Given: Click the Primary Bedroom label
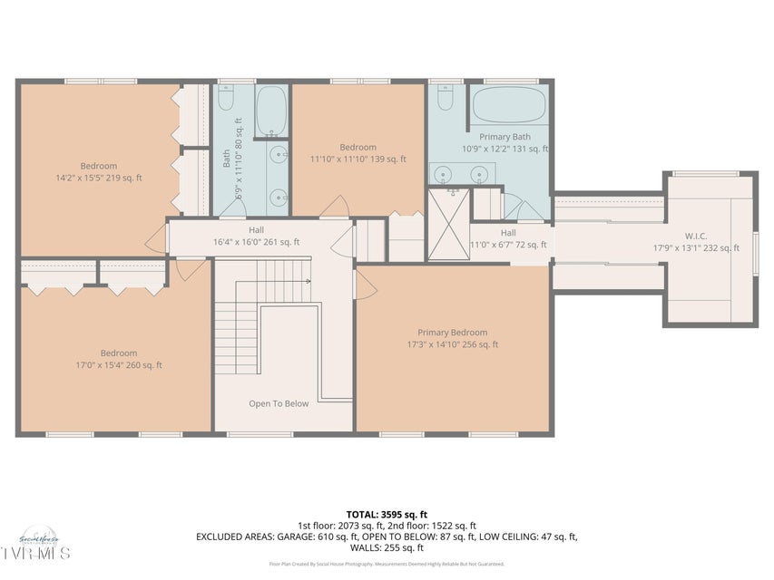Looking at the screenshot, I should [452, 333].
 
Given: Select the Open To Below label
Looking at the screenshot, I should [279, 403].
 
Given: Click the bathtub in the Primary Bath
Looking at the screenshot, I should [508, 106].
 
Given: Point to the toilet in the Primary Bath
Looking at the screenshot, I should [446, 97].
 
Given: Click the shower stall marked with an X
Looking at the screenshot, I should [449, 224].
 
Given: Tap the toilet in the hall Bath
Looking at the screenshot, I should [227, 98].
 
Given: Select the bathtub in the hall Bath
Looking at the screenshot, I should [271, 111].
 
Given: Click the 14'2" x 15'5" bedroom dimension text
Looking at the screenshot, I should [99, 178].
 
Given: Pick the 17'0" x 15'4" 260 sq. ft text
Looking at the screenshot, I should [119, 365].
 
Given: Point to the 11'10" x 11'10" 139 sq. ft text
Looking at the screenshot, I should [358, 159].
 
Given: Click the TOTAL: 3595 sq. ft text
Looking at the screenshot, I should [386, 514].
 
